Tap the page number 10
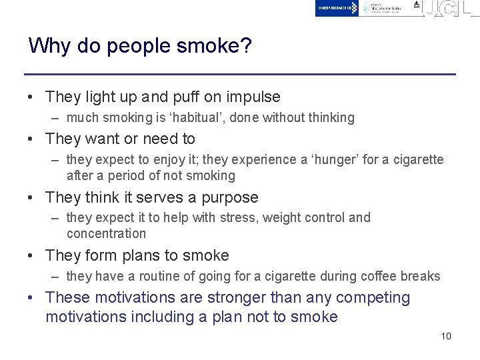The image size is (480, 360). [x=446, y=336]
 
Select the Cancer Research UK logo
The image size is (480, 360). [x=337, y=8]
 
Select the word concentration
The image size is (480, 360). [x=106, y=234]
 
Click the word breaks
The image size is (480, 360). [x=422, y=276]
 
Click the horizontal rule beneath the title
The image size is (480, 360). [x=240, y=74]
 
